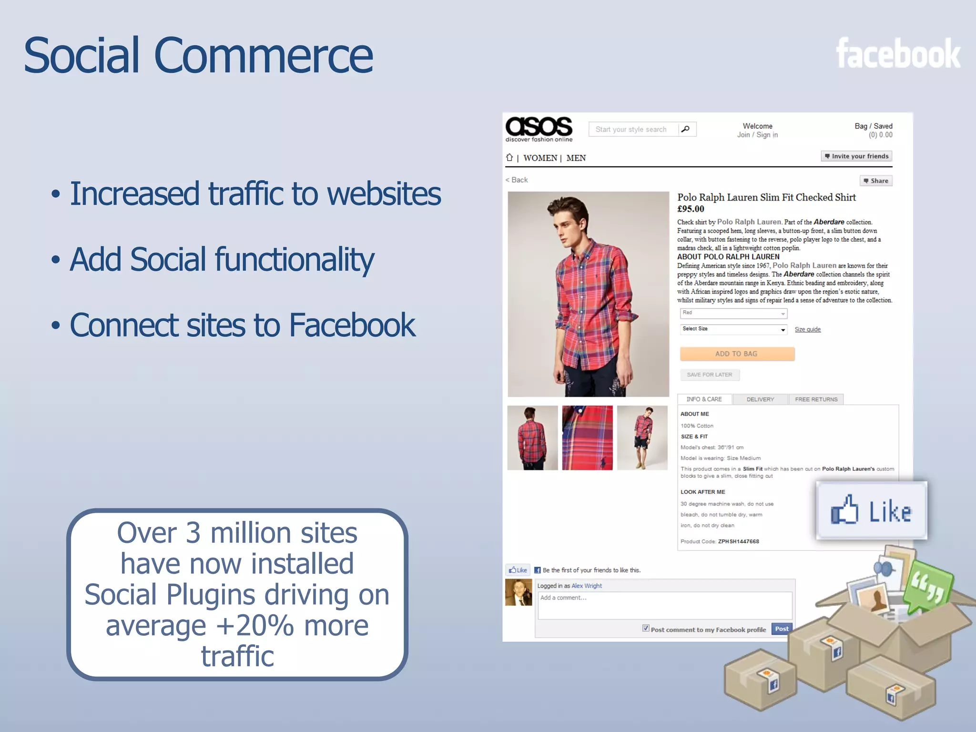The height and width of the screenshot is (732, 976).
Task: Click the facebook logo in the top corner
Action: point(898,54)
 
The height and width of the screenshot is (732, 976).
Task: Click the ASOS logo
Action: point(539,128)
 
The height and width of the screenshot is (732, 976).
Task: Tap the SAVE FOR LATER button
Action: point(709,375)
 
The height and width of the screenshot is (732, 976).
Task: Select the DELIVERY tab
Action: point(760,399)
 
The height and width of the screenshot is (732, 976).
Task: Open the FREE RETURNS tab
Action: point(816,399)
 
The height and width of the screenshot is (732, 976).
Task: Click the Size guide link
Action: point(807,329)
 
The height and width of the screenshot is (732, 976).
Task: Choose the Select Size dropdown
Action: point(733,329)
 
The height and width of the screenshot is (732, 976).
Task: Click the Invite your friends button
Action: point(856,156)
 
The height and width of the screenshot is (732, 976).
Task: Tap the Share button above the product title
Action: point(876,181)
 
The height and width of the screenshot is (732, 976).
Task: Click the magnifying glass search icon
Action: point(686,129)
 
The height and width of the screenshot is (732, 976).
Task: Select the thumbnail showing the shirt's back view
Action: point(532,437)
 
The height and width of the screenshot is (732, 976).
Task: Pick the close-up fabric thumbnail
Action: point(587,437)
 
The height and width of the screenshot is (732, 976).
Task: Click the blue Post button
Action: point(782,629)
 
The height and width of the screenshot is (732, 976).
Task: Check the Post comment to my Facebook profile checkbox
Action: point(646,628)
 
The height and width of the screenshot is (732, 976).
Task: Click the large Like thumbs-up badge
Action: point(871,510)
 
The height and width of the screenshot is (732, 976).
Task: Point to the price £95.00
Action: point(691,209)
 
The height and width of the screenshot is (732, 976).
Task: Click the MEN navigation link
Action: point(576,158)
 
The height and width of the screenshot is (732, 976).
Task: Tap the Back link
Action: point(517,180)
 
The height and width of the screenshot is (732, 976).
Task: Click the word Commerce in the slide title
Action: point(263,56)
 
